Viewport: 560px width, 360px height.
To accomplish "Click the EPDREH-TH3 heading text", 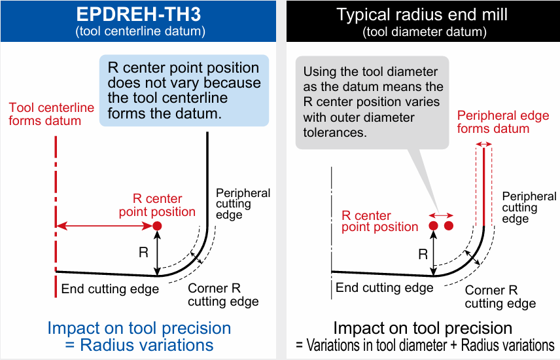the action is pyautogui.click(x=139, y=14).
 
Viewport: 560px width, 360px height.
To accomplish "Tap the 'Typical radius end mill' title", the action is pyautogui.click(x=422, y=14).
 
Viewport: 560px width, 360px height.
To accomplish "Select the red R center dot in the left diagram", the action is pyautogui.click(x=157, y=226).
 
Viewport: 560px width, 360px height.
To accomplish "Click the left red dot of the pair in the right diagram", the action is pyautogui.click(x=433, y=226).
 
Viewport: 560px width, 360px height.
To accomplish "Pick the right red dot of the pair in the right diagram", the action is pyautogui.click(x=449, y=226).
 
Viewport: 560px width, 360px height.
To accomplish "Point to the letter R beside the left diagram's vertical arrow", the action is pyautogui.click(x=143, y=253).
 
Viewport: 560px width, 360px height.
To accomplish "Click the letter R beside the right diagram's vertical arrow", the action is pyautogui.click(x=423, y=254).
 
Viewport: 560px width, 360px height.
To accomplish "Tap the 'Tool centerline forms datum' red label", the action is pyautogui.click(x=52, y=114).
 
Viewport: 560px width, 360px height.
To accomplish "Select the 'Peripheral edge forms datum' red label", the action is pyautogui.click(x=503, y=122).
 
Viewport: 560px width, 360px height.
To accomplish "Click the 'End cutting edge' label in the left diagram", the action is pyautogui.click(x=110, y=289).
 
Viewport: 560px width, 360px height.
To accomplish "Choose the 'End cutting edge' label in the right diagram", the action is pyautogui.click(x=384, y=287).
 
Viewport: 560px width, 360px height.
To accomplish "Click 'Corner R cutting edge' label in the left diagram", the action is pyautogui.click(x=223, y=295).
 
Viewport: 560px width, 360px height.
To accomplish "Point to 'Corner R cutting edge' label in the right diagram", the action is pyautogui.click(x=500, y=297).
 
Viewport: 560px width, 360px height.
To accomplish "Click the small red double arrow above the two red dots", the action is pyautogui.click(x=441, y=215).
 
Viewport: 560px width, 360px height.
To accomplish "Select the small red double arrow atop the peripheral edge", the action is pyautogui.click(x=484, y=144).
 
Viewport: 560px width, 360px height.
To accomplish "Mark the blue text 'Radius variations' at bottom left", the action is pyautogui.click(x=147, y=345).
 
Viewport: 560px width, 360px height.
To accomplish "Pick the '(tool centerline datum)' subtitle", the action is pyautogui.click(x=141, y=31).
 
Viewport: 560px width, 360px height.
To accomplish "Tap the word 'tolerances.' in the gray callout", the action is pyautogui.click(x=335, y=133).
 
